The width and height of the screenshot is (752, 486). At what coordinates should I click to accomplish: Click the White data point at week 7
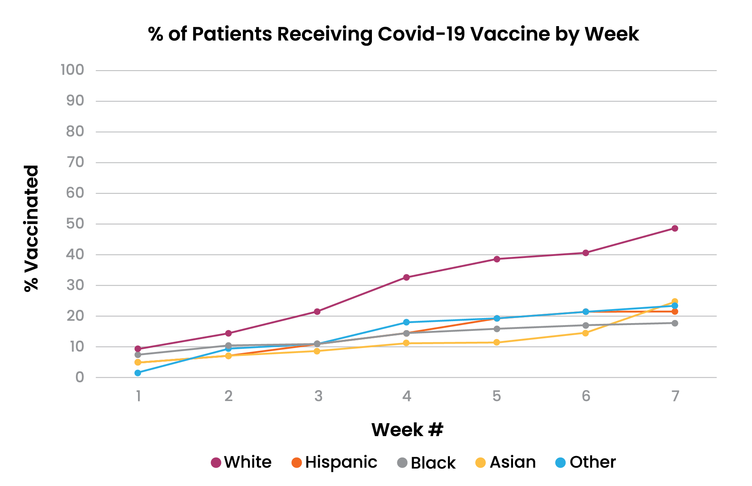click(x=675, y=228)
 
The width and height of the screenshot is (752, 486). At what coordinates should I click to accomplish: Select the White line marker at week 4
click(x=406, y=277)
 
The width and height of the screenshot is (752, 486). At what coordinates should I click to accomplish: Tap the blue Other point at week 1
click(x=138, y=373)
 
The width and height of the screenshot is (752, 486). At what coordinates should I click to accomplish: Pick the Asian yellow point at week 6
click(x=585, y=333)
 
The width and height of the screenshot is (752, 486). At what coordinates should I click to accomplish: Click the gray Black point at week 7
click(x=675, y=323)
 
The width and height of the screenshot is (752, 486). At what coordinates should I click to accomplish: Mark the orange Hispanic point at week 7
click(x=675, y=312)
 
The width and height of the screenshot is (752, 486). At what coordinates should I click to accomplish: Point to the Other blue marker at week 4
click(x=406, y=322)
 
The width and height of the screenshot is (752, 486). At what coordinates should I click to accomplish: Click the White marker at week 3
click(x=317, y=311)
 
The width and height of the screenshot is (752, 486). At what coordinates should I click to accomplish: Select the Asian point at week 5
click(x=497, y=343)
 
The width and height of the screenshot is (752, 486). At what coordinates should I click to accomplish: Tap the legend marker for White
click(x=216, y=463)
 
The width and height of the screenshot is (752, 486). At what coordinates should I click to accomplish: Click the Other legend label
click(x=593, y=462)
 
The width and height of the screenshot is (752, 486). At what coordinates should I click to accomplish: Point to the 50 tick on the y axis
click(x=75, y=224)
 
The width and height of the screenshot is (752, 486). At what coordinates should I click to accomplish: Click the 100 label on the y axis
click(x=72, y=70)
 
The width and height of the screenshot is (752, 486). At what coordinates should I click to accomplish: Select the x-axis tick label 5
click(x=496, y=396)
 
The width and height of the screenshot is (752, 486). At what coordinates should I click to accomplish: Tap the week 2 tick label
click(x=228, y=396)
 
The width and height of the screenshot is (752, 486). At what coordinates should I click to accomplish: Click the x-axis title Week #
click(x=407, y=430)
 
